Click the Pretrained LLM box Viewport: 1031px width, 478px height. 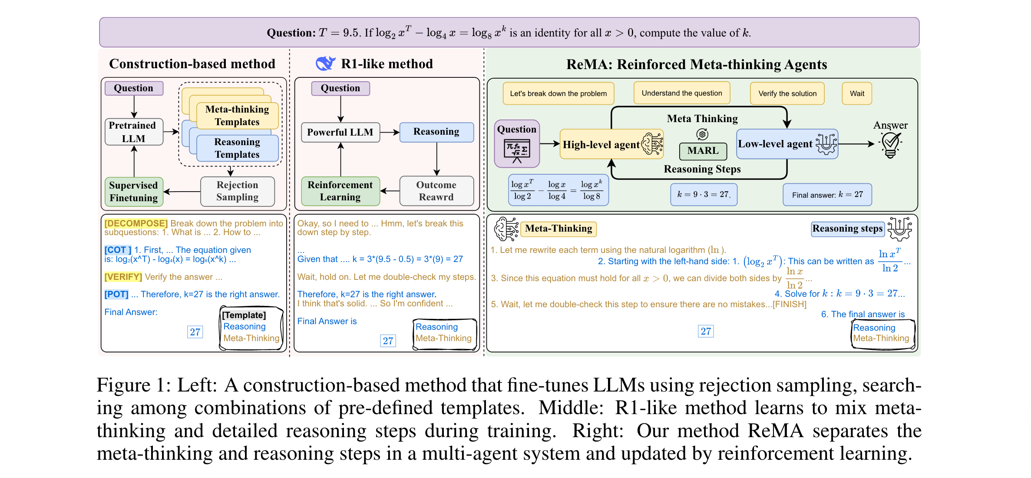134,132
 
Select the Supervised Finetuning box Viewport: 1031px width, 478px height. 134,192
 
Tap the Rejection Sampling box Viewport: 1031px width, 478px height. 237,191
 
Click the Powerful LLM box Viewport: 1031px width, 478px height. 340,132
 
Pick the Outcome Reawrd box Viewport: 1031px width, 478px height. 436,191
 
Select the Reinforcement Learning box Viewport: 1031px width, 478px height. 340,191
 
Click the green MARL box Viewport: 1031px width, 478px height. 703,151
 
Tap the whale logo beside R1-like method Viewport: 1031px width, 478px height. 325,63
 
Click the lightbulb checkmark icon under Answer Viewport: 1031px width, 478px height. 890,145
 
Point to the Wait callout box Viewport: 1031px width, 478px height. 857,93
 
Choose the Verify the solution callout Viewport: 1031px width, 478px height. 787,93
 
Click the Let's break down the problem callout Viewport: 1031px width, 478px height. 558,93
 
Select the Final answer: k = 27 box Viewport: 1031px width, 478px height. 827,195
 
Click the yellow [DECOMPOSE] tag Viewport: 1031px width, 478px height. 136,223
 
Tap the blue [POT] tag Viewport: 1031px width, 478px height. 116,294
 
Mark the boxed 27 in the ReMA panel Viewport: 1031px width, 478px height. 706,332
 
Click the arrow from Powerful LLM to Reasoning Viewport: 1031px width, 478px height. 390,132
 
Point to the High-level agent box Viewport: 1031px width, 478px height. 610,144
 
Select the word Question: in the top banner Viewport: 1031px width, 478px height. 291,33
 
